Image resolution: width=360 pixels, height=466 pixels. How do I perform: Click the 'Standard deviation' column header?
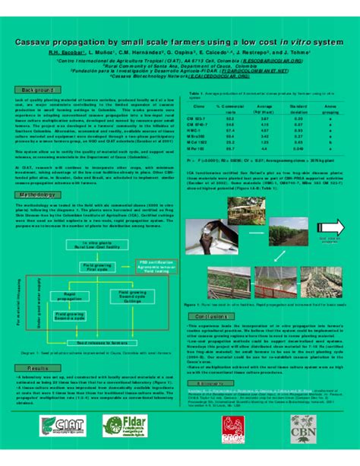(298, 109)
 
